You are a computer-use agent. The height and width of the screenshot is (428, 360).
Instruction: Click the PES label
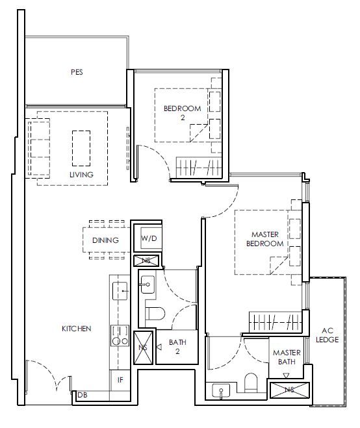click(77, 72)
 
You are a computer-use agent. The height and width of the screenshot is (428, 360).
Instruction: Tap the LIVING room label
click(81, 175)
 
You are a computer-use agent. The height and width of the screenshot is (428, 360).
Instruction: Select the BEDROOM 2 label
click(182, 113)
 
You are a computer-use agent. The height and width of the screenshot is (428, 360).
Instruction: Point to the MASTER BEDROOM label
click(264, 239)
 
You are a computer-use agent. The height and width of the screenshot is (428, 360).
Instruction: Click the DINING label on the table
click(105, 240)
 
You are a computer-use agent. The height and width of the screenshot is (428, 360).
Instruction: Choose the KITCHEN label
click(77, 329)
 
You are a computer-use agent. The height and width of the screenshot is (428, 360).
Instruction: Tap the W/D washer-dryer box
click(149, 238)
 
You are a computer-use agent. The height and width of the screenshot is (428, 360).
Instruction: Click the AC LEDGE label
click(328, 335)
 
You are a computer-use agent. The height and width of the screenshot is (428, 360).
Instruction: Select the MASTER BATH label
click(287, 357)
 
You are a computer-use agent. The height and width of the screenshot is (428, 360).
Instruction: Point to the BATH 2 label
click(177, 347)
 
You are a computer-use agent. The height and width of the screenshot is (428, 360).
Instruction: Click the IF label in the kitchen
click(120, 380)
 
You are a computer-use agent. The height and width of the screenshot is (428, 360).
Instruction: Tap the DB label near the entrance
click(83, 395)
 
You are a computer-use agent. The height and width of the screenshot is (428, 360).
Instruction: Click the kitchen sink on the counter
click(120, 291)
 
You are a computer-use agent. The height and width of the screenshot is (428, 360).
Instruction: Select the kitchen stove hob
click(120, 336)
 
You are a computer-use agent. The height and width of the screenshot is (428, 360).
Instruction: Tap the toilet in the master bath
click(251, 383)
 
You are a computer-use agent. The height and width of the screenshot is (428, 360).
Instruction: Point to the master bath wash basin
click(221, 390)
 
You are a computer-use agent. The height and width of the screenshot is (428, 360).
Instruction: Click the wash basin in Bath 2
click(148, 284)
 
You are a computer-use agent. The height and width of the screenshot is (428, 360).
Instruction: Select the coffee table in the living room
click(81, 148)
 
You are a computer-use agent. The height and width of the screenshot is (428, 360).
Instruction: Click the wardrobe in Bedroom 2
click(199, 168)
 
